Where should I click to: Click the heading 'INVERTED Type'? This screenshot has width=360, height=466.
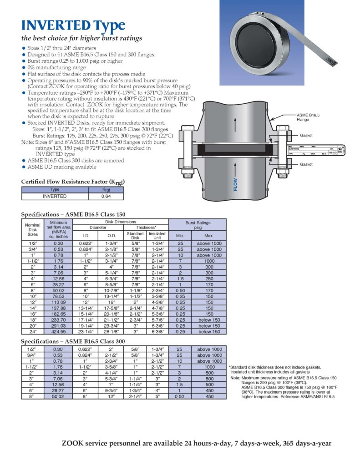pyautogui.click(x=73, y=25)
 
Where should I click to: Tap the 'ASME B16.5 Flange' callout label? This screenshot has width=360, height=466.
pyautogui.click(x=308, y=117)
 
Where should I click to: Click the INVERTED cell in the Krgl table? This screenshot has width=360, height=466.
pyautogui.click(x=55, y=197)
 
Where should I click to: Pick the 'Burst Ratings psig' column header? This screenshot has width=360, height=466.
pyautogui.click(x=198, y=225)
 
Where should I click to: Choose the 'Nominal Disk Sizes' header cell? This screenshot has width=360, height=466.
pyautogui.click(x=33, y=230)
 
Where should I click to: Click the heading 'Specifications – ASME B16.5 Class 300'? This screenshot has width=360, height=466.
pyautogui.click(x=73, y=341)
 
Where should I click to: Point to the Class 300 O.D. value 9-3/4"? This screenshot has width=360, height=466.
pyautogui.click(x=112, y=390)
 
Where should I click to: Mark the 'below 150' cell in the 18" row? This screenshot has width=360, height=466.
pyautogui.click(x=209, y=320)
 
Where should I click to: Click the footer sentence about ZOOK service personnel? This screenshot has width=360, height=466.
pyautogui.click(x=196, y=443)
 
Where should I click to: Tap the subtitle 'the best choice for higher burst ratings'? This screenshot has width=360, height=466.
pyautogui.click(x=82, y=38)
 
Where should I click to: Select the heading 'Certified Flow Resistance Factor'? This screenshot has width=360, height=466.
pyautogui.click(x=73, y=182)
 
